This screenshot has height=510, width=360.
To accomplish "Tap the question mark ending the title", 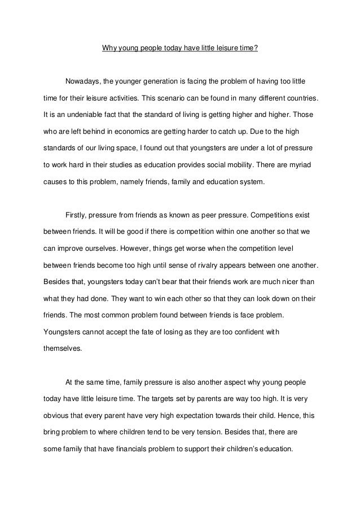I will pyautogui.click(x=256, y=48).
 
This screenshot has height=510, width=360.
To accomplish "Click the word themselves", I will pyautogui.click(x=62, y=348).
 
